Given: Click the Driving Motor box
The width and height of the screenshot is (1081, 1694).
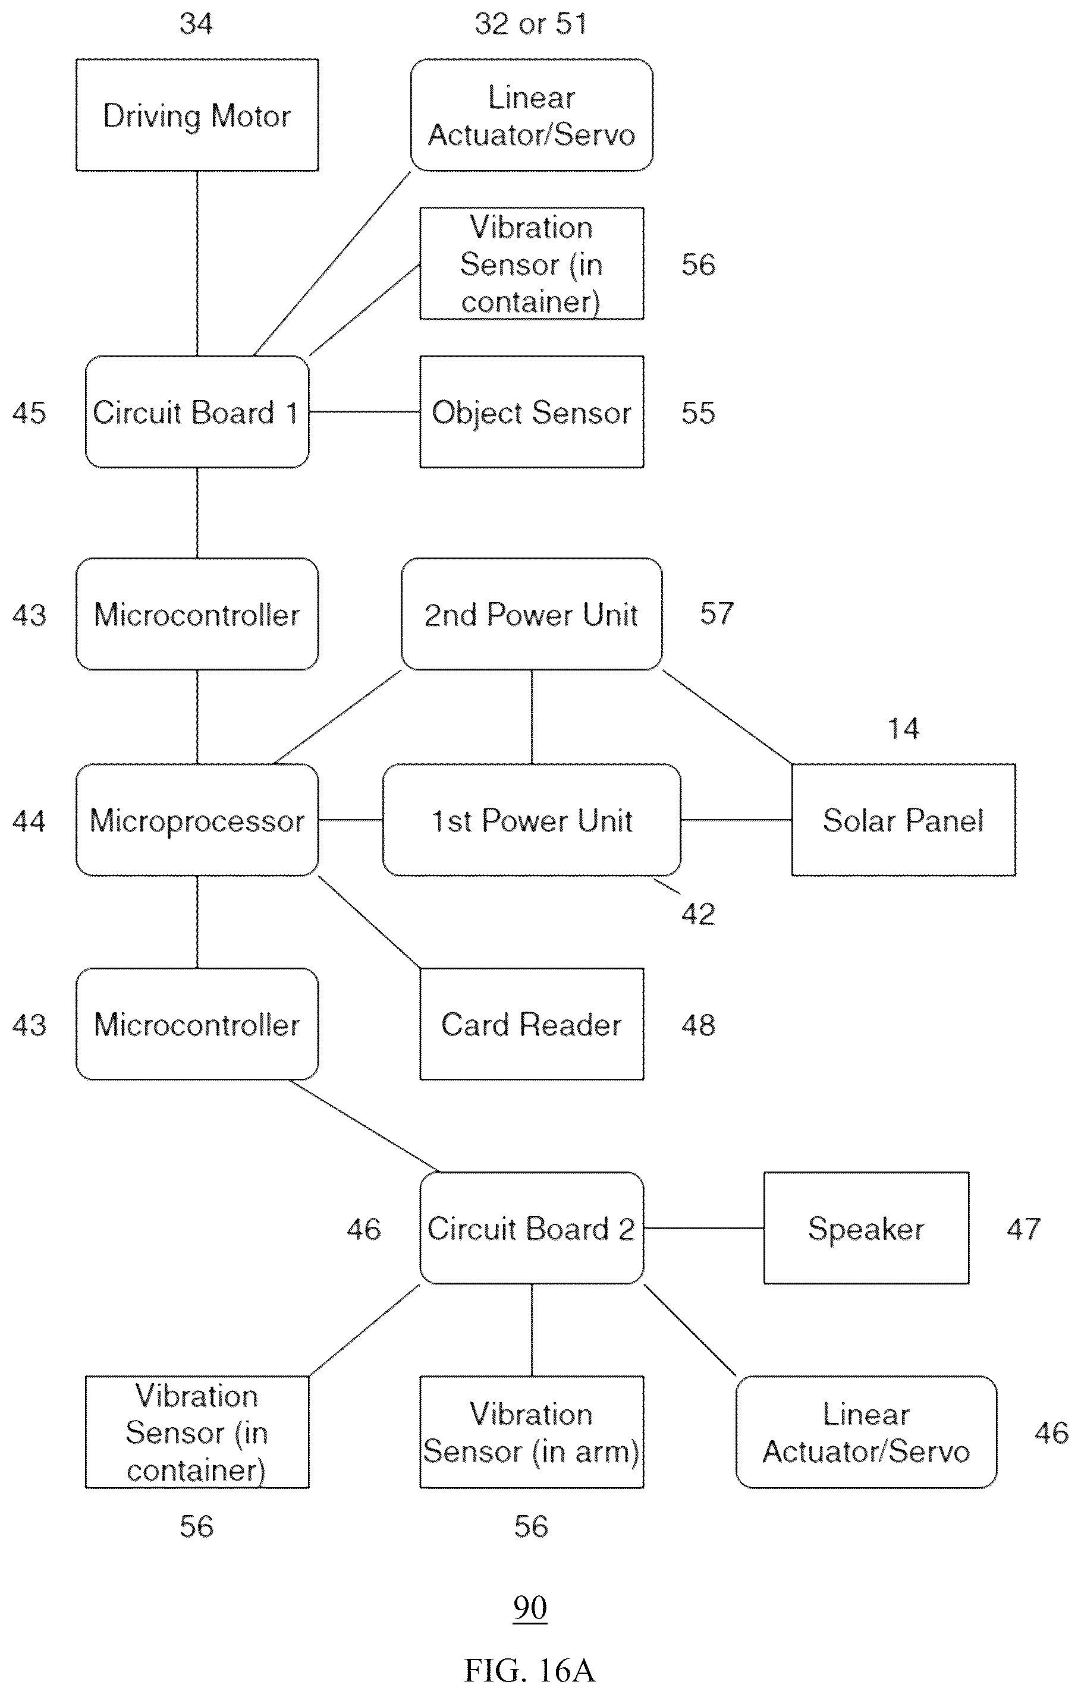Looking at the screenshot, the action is [x=197, y=115].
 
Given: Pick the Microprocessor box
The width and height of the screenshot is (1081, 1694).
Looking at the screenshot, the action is [x=197, y=820].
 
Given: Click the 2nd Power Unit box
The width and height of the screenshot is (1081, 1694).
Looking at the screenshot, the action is [x=532, y=614].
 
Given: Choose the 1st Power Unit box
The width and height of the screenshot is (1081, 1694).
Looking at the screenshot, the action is [x=532, y=820].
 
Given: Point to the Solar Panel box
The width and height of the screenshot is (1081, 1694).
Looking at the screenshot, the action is [x=903, y=820].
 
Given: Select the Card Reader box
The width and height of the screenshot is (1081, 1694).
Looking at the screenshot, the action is [x=532, y=1024].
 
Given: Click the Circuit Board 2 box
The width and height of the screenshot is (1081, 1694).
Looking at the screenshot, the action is [x=532, y=1227].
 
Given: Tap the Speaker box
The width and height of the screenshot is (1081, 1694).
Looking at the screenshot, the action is [x=866, y=1227].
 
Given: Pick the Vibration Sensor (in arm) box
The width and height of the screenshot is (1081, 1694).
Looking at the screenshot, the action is [x=532, y=1432].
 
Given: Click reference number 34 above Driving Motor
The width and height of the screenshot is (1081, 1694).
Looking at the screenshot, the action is [x=196, y=23].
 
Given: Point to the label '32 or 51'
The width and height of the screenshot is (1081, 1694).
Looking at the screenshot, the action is [x=530, y=23].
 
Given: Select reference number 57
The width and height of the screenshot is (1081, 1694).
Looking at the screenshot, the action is [x=717, y=613].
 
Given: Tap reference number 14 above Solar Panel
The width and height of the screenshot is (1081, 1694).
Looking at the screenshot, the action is [x=903, y=728].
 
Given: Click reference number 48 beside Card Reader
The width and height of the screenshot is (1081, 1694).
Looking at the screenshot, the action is [x=698, y=1025].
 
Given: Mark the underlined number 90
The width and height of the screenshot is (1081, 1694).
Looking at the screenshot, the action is [x=530, y=1607].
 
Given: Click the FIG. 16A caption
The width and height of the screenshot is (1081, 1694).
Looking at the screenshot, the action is [x=529, y=1670].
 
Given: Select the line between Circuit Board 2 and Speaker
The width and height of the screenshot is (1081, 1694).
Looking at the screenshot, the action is [x=704, y=1228].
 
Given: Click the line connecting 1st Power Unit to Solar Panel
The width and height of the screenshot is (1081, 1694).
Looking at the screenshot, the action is [x=736, y=820].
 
